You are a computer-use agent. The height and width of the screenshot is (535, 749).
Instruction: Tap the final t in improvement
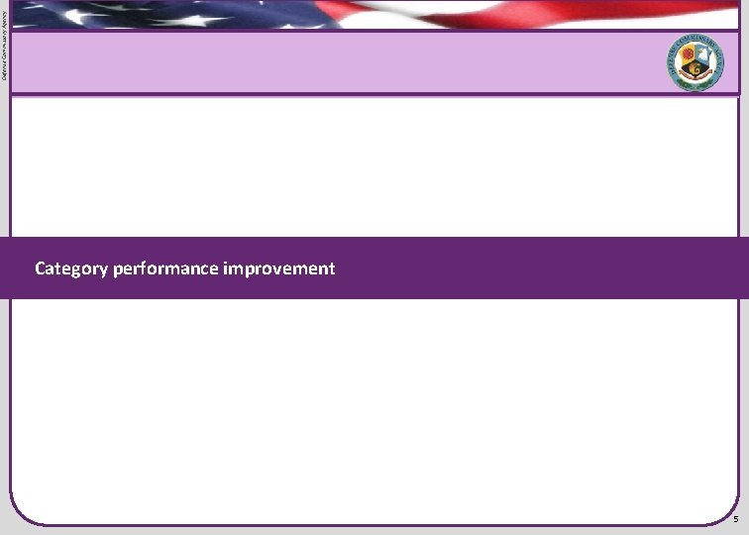click(332, 268)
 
